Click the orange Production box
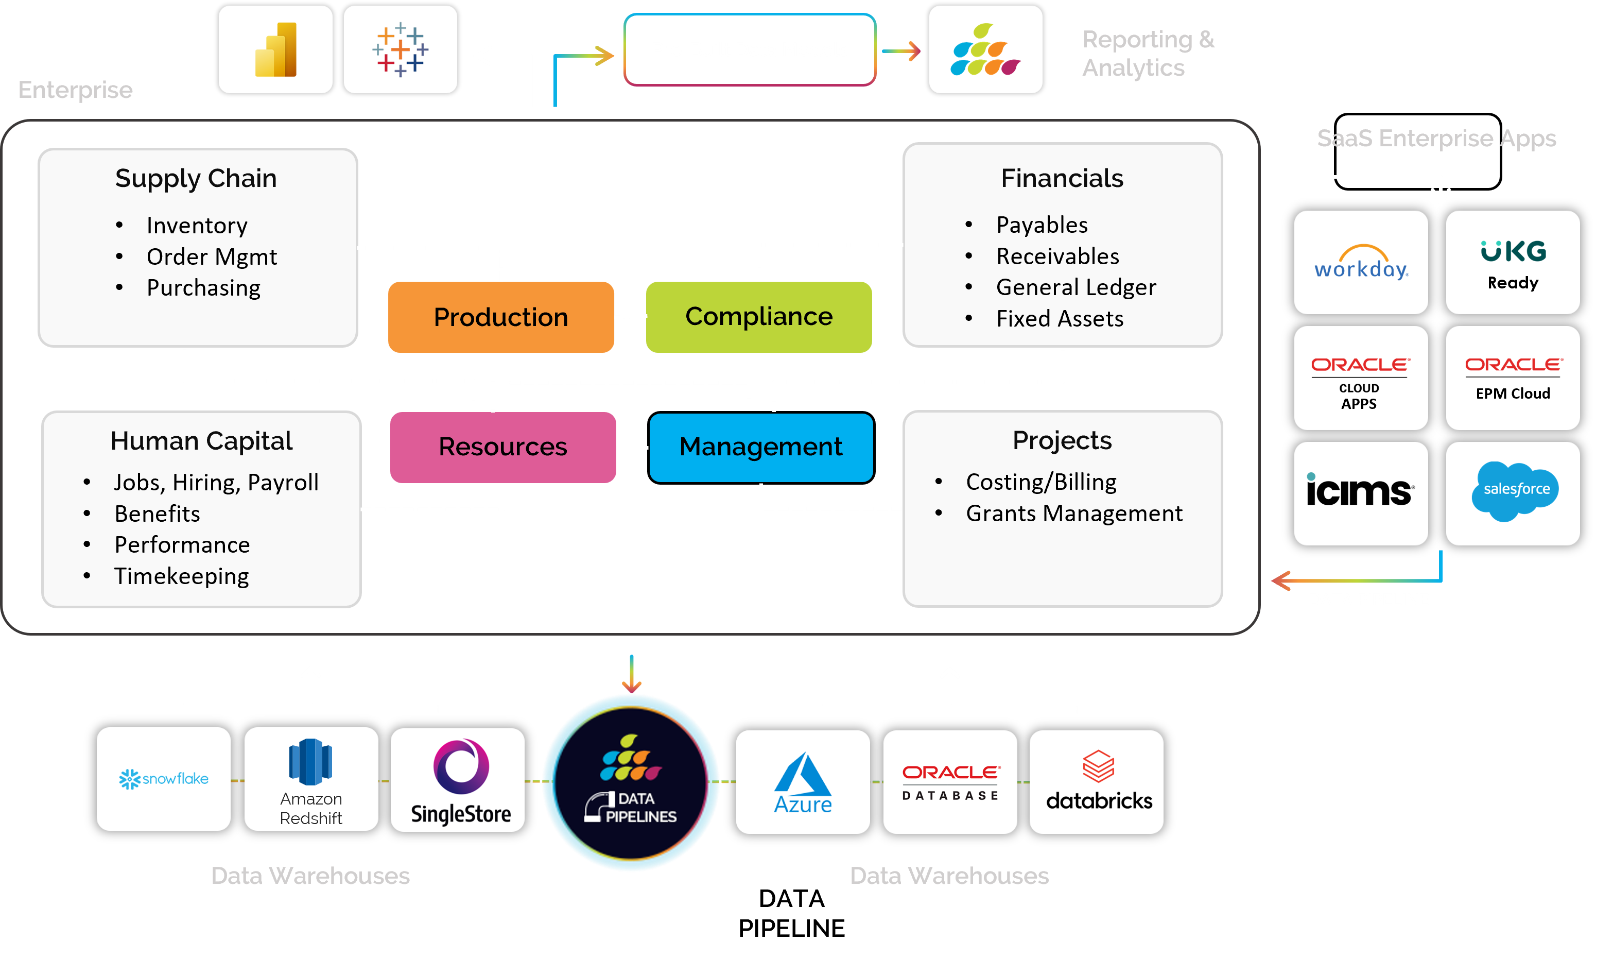(500, 317)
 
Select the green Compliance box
(759, 317)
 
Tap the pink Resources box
(502, 447)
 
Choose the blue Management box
(761, 447)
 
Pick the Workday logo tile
(1361, 262)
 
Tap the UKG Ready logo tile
(1513, 262)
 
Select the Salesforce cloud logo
(1516, 491)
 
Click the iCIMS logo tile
(1361, 493)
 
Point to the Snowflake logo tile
(163, 779)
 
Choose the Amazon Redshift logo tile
(311, 779)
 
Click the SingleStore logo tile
(458, 779)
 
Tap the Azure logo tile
(803, 781)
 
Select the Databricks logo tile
(1096, 781)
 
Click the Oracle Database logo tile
(950, 781)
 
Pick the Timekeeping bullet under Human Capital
(181, 576)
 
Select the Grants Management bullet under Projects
(1073, 513)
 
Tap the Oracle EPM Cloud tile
(1513, 378)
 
